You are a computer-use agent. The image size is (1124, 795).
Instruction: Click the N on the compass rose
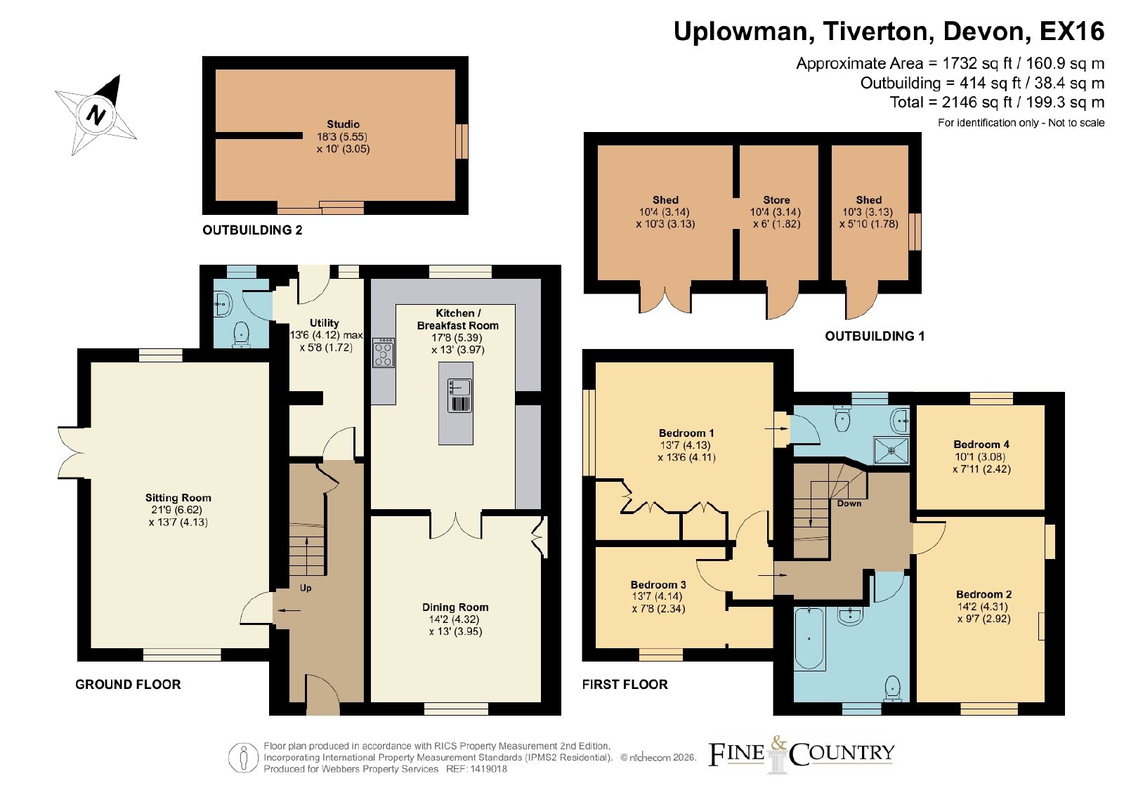tap(96, 115)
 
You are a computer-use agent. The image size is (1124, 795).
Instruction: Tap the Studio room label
tap(344, 124)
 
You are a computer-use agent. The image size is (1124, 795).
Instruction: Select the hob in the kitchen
tap(384, 353)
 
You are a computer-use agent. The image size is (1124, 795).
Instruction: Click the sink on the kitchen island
tap(459, 396)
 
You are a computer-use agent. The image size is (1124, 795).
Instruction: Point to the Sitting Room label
tap(178, 497)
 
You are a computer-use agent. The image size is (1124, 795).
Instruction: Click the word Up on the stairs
tap(306, 588)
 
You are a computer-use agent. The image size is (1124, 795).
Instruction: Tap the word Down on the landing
tap(849, 503)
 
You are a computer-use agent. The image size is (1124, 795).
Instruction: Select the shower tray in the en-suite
tap(891, 450)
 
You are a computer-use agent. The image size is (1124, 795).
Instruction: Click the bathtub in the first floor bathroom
tap(809, 638)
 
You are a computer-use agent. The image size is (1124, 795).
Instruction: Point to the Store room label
tap(776, 200)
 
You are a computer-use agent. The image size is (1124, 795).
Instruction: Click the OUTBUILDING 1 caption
tap(875, 336)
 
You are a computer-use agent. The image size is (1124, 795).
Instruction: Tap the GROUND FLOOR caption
tap(128, 684)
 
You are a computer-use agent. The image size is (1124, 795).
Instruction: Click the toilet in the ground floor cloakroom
tap(242, 334)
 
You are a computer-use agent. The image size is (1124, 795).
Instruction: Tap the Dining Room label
tap(455, 607)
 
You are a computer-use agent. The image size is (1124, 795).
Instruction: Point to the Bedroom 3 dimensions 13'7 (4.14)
tap(658, 596)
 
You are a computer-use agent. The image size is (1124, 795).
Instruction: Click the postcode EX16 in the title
tap(1072, 31)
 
